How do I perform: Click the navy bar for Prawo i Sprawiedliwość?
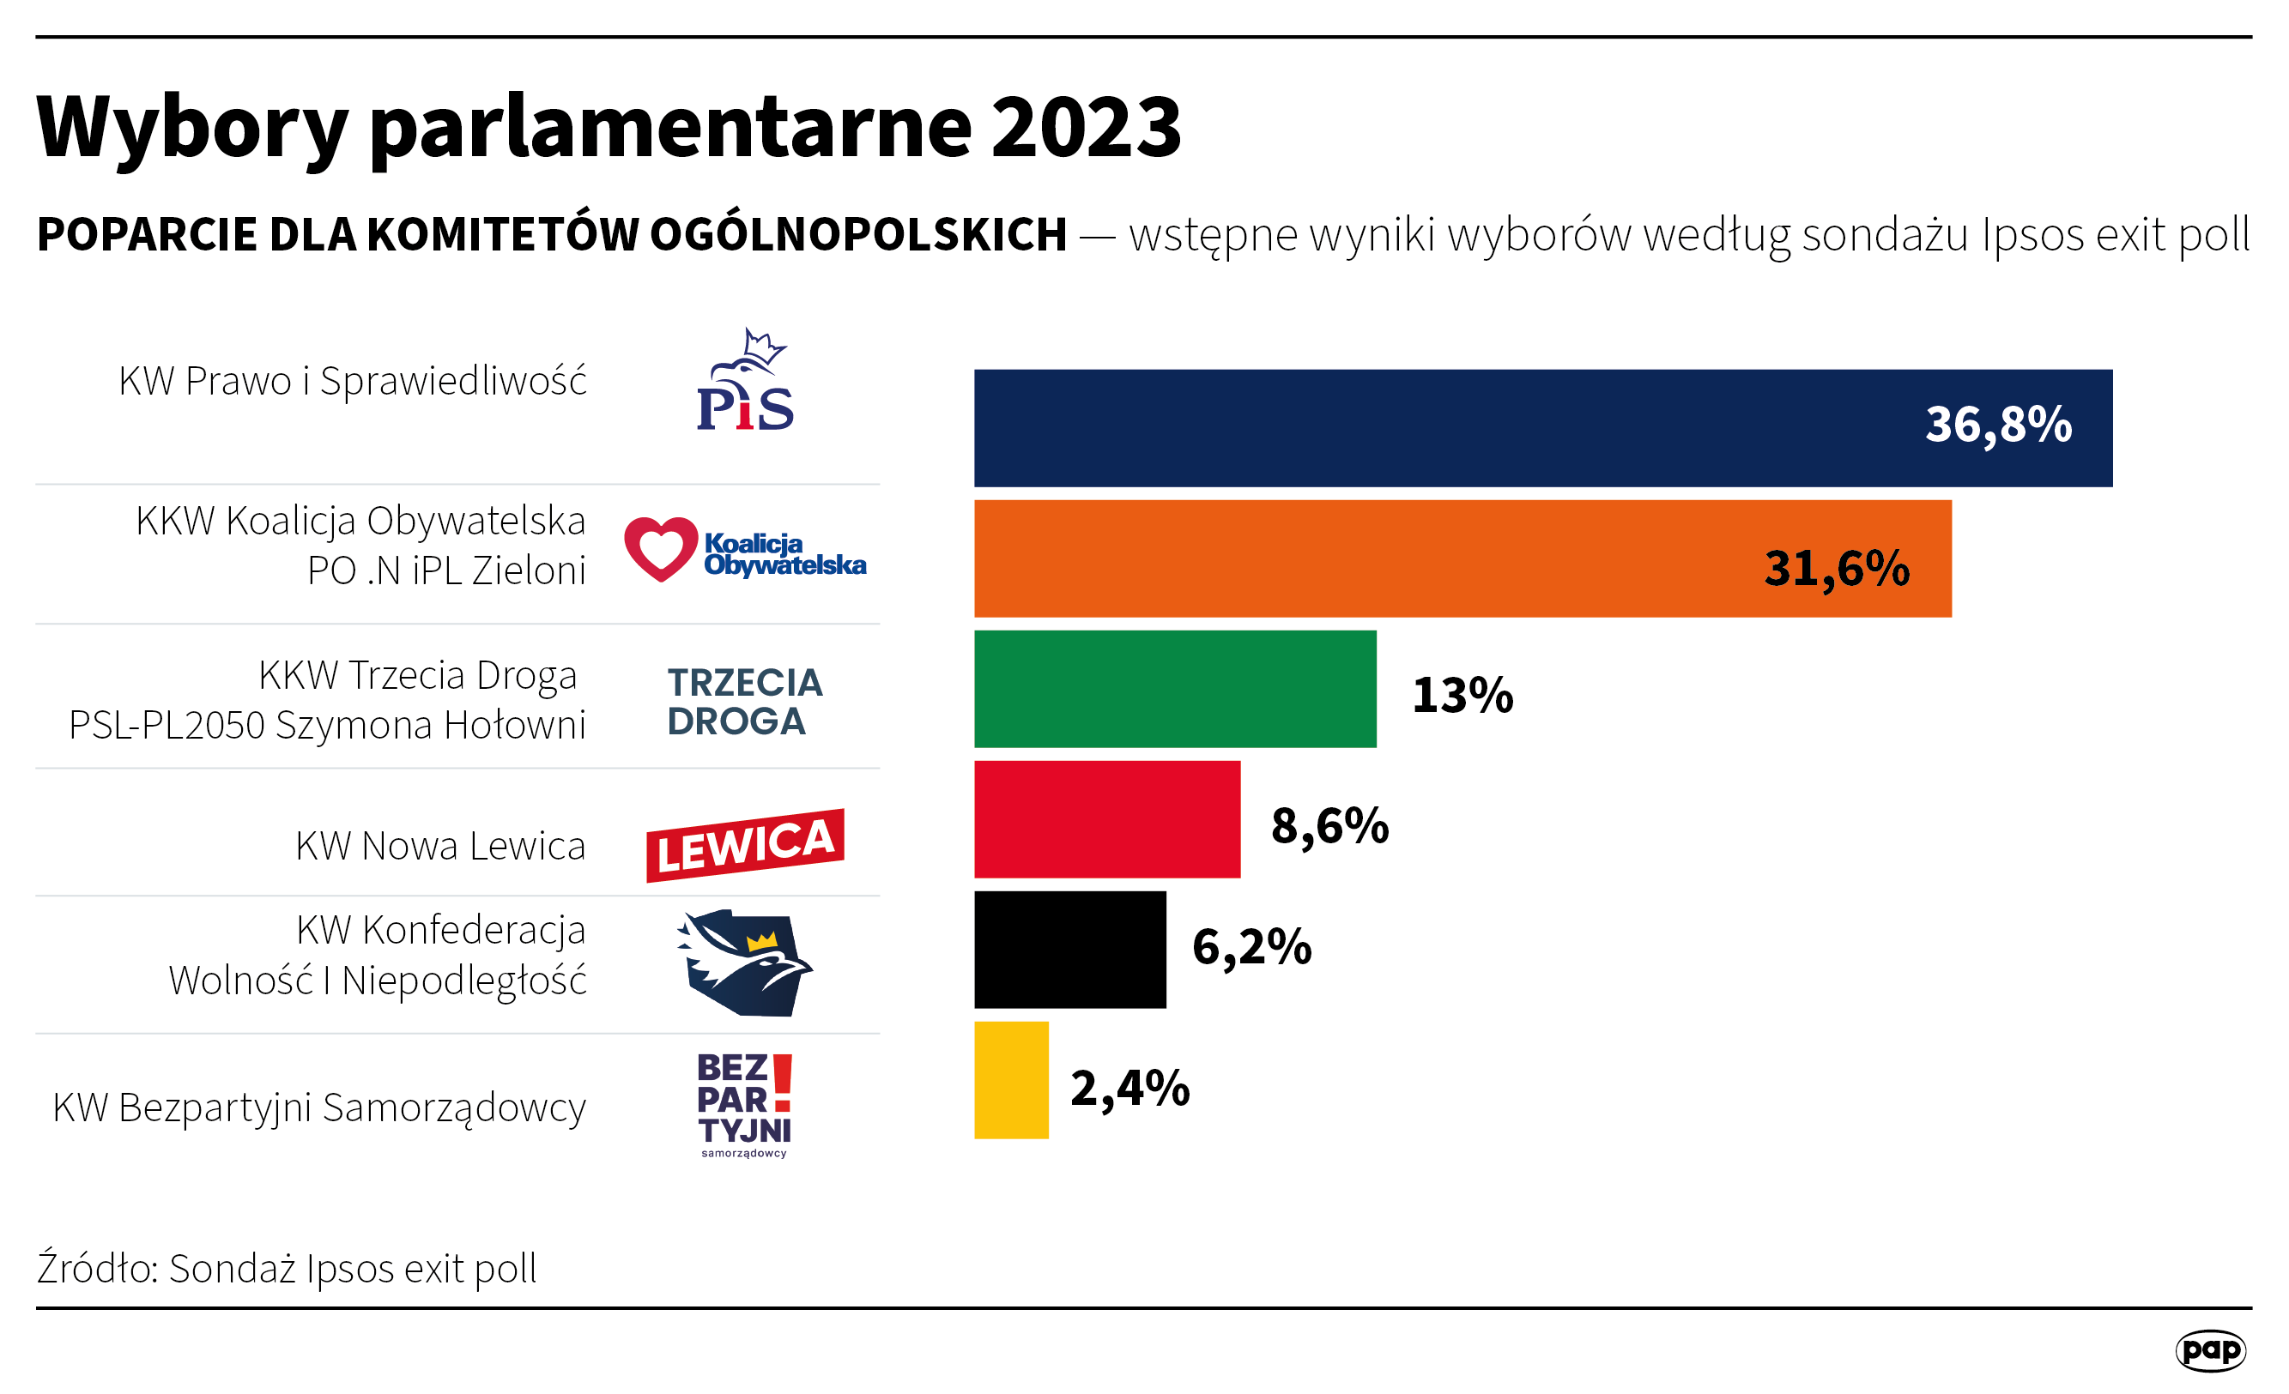point(1440,428)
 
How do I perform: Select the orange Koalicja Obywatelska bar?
point(1347,558)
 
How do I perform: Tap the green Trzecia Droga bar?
point(1175,689)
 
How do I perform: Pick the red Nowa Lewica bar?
point(1106,819)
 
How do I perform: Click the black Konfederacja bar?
point(1069,949)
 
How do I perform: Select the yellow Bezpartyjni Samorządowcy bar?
point(1011,1080)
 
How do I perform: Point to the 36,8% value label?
point(1997,425)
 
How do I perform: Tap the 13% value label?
point(1462,695)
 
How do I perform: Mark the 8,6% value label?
point(1329,824)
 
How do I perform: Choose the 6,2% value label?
point(1251,947)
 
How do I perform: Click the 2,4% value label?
point(1129,1088)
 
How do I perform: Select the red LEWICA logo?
point(745,845)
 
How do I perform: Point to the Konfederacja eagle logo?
point(745,963)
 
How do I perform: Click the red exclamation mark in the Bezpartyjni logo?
point(782,1082)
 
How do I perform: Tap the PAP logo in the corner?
point(2210,1349)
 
